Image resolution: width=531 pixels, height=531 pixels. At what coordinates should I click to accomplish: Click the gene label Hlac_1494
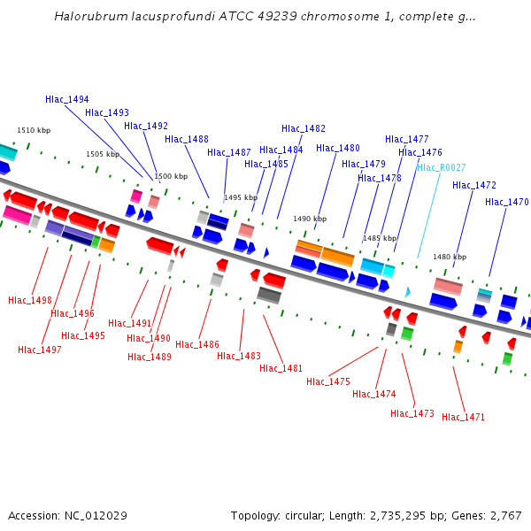tap(67, 99)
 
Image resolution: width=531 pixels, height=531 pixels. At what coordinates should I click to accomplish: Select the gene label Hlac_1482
tap(304, 128)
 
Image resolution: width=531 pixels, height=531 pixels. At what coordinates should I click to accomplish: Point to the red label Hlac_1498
tap(30, 300)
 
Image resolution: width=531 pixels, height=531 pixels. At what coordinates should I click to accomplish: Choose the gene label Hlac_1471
tap(464, 417)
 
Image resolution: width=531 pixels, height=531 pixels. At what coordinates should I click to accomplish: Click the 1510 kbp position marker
tap(34, 130)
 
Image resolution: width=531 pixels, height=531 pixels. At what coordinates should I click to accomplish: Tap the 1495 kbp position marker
tap(241, 197)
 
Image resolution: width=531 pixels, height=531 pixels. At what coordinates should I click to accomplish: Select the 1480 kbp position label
tap(450, 257)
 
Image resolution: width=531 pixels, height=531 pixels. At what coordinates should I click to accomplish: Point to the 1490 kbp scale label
tap(310, 219)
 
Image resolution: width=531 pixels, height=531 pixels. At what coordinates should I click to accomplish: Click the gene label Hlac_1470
tap(507, 202)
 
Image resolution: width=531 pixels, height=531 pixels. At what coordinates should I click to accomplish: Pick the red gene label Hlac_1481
tap(281, 368)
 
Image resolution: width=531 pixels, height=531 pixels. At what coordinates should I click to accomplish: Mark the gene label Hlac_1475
tap(328, 381)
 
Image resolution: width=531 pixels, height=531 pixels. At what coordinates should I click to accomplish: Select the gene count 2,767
tap(505, 515)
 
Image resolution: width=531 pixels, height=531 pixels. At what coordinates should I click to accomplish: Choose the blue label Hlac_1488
tap(187, 139)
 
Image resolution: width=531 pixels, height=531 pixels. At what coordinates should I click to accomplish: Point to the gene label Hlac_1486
tap(197, 344)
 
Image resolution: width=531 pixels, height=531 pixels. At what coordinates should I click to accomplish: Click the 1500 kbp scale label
tap(171, 176)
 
